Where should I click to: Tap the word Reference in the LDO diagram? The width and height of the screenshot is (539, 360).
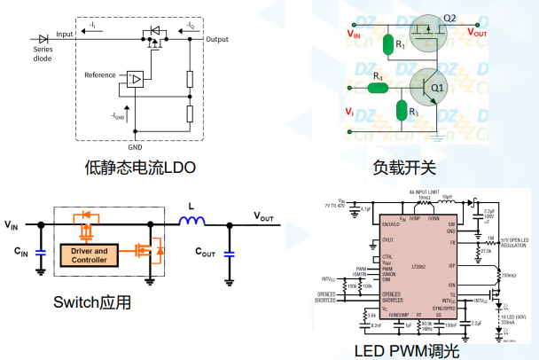(x=100, y=75)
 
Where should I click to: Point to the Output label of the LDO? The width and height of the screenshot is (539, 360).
(x=217, y=39)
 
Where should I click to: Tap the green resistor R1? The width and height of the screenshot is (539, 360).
(x=387, y=43)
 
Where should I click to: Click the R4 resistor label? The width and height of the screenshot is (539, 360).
(x=378, y=77)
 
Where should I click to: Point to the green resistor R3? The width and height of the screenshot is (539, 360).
(x=402, y=109)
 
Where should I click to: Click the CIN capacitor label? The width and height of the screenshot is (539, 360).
(x=20, y=253)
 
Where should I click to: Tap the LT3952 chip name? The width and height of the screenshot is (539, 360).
(x=422, y=265)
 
